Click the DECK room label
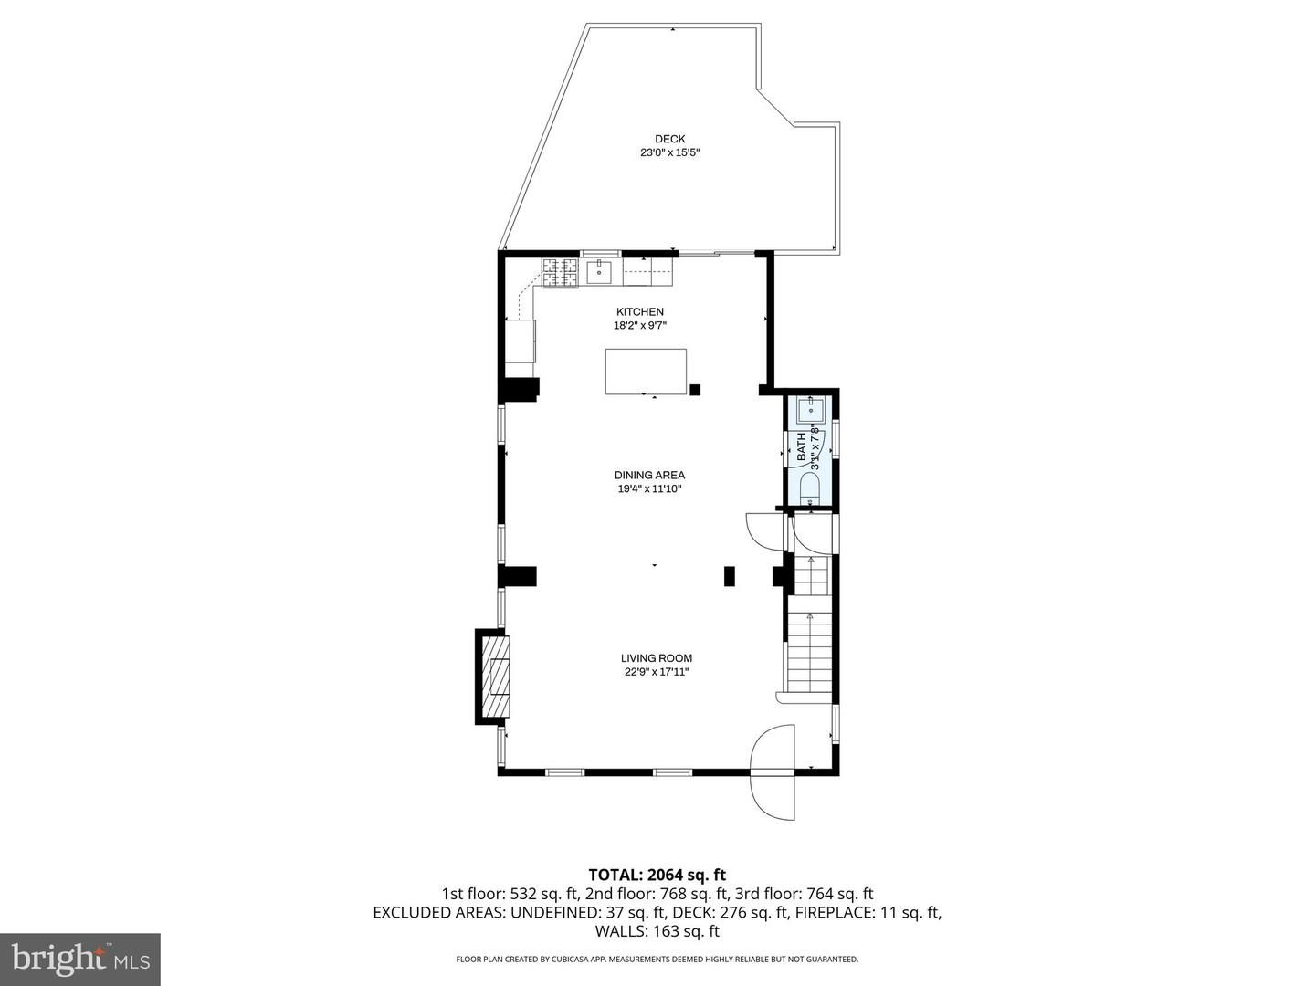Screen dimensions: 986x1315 click(x=669, y=140)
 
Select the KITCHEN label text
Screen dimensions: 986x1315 click(x=639, y=312)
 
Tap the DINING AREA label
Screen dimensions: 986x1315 click(x=648, y=475)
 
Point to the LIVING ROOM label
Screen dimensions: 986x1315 click(x=656, y=658)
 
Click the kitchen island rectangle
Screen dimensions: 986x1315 click(x=646, y=372)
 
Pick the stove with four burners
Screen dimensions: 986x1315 click(x=562, y=273)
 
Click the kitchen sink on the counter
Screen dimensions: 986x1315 click(x=601, y=272)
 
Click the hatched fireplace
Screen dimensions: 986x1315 click(x=497, y=677)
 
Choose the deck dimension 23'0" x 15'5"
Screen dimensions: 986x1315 click(x=669, y=153)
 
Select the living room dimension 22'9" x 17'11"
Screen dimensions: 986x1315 click(x=656, y=672)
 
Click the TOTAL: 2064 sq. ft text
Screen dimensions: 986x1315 click(x=657, y=876)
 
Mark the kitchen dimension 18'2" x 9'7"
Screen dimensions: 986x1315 click(x=639, y=326)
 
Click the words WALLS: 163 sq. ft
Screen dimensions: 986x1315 click(x=657, y=931)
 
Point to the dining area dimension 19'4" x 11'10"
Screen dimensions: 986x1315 click(x=648, y=488)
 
